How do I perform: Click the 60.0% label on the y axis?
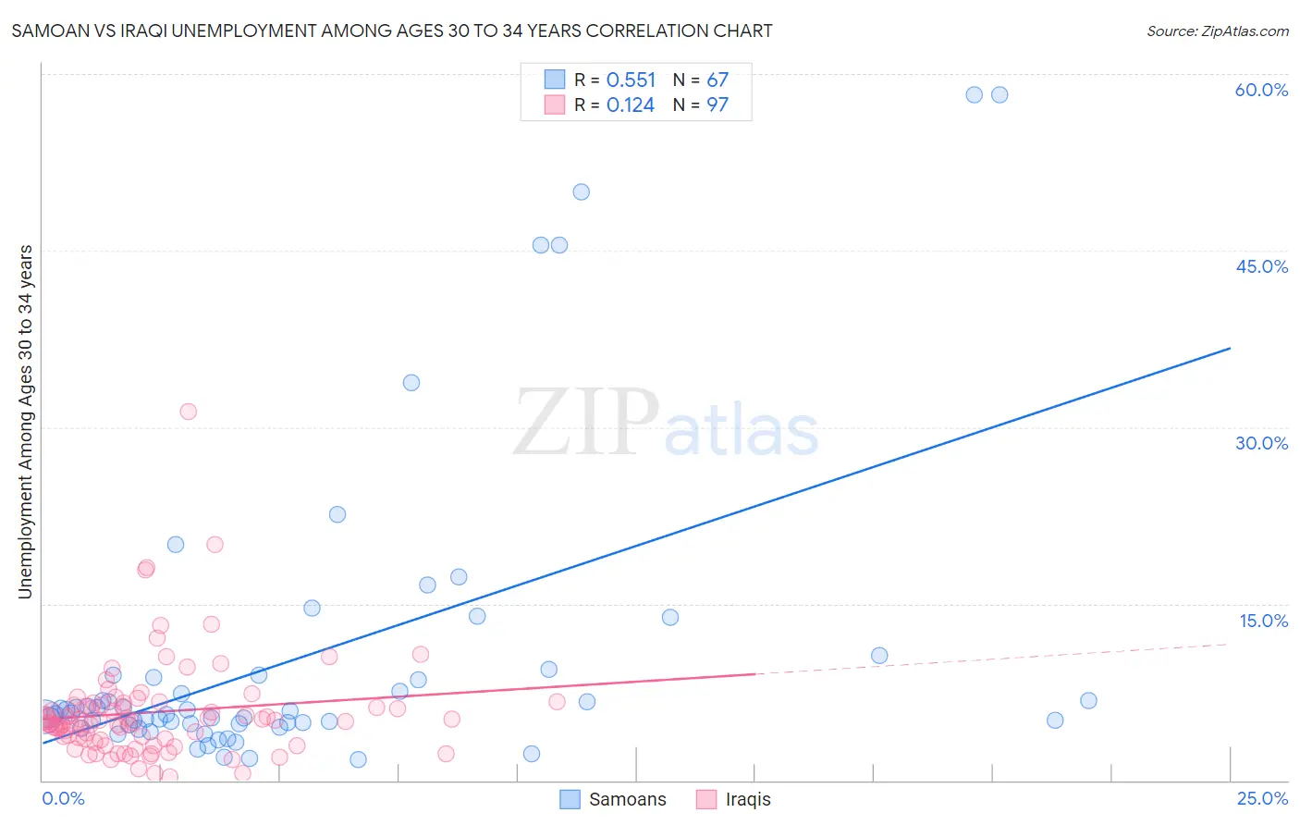click(x=1261, y=90)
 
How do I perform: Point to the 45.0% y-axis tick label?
click(x=1261, y=266)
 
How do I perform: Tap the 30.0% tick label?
click(x=1261, y=443)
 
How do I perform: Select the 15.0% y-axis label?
click(x=1263, y=621)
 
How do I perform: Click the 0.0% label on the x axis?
click(x=63, y=798)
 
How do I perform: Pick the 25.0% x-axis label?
click(x=1262, y=798)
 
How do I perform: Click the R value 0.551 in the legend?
click(x=631, y=80)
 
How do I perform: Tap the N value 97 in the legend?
click(x=717, y=105)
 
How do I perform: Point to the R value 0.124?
click(x=631, y=105)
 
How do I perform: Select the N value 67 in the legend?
click(x=717, y=80)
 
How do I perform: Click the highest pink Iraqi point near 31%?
click(x=189, y=412)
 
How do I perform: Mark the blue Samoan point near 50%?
click(x=581, y=192)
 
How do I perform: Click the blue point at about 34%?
click(x=411, y=383)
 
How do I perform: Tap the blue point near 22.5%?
click(x=337, y=514)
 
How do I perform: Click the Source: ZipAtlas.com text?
click(x=1217, y=31)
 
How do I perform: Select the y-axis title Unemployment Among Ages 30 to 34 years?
click(x=26, y=422)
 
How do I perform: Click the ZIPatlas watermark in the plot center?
click(x=666, y=424)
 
